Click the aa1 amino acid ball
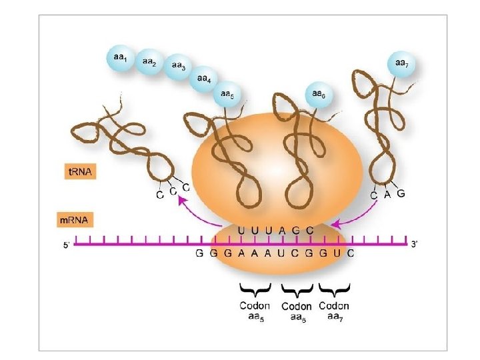click(120, 59)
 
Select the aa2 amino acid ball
click(149, 62)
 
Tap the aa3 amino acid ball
click(178, 66)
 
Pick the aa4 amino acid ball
click(204, 80)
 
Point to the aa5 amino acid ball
click(227, 95)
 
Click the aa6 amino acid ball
click(318, 95)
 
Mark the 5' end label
click(66, 245)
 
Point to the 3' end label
click(415, 244)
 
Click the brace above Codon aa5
click(255, 290)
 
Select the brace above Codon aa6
click(297, 290)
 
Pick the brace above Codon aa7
click(335, 290)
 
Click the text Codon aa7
click(335, 311)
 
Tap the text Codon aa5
click(255, 311)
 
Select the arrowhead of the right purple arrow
click(335, 223)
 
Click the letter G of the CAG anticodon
click(401, 193)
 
